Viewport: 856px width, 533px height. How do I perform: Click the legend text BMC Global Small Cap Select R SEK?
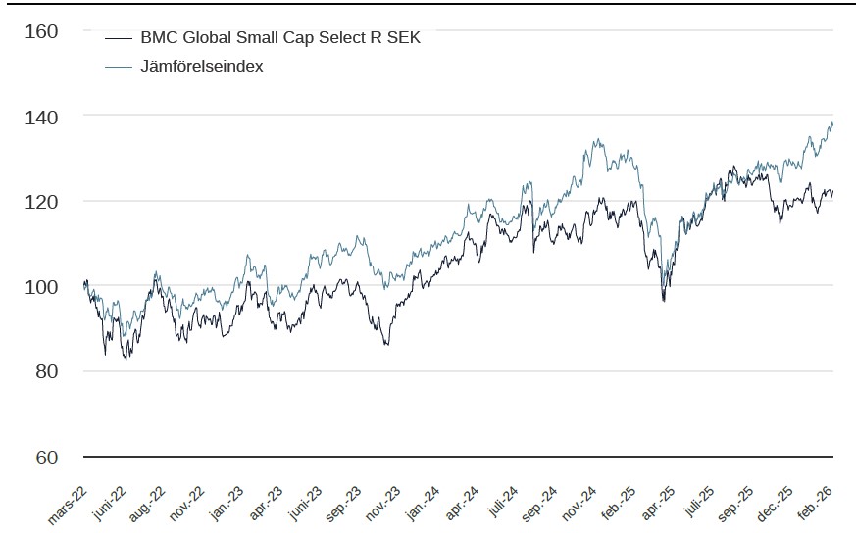pos(280,38)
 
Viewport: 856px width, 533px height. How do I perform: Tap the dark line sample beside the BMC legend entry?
pos(118,38)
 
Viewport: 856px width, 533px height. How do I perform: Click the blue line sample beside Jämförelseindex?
pos(118,66)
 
